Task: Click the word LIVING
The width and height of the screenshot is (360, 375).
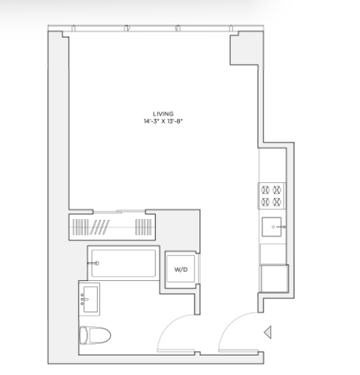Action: click(x=163, y=114)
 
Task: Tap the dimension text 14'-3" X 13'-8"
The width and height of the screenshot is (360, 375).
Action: click(x=163, y=121)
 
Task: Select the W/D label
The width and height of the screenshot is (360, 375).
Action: click(x=181, y=270)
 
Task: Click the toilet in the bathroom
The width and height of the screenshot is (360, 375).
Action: click(x=95, y=335)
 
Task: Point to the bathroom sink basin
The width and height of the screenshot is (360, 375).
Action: click(x=90, y=299)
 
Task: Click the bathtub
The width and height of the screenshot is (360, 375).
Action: click(x=124, y=263)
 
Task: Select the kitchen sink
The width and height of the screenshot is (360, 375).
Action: click(x=271, y=227)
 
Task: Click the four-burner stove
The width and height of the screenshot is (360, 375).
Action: click(x=272, y=196)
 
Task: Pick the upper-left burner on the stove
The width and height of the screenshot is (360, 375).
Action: click(x=266, y=190)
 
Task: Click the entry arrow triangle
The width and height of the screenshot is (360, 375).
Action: click(x=267, y=332)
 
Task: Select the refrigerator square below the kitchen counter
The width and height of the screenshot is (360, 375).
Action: click(x=274, y=279)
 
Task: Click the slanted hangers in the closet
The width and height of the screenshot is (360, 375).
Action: click(x=100, y=227)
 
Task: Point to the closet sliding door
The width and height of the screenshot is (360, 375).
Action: click(x=119, y=212)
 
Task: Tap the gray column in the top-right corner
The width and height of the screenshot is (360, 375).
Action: click(x=246, y=49)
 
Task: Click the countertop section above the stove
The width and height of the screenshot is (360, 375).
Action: click(x=273, y=165)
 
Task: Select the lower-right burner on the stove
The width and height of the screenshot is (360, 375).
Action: click(x=277, y=202)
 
